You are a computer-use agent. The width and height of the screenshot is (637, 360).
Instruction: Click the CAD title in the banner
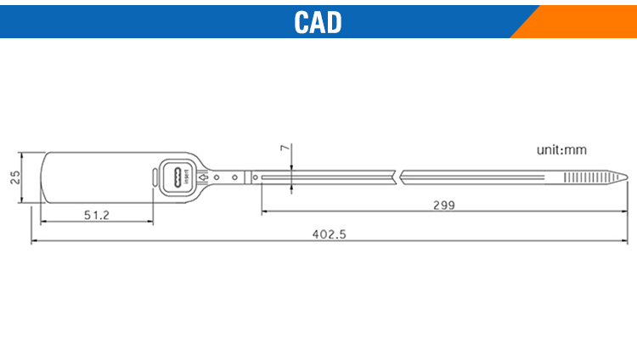[318, 22]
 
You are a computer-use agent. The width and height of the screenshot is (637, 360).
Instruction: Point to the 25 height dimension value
[15, 177]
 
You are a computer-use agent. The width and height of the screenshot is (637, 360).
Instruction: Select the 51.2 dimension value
[97, 215]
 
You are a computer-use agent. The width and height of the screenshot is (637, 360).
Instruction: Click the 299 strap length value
[444, 205]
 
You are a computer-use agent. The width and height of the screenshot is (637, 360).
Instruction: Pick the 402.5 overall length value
[329, 234]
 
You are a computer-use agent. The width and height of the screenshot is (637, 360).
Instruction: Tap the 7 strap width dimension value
[285, 148]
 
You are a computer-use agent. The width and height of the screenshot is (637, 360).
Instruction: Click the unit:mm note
[561, 150]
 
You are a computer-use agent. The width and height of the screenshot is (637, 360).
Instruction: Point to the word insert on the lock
[187, 177]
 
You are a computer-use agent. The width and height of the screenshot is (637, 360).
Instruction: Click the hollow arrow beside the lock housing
[203, 177]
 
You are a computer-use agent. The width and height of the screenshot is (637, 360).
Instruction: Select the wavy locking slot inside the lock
[178, 177]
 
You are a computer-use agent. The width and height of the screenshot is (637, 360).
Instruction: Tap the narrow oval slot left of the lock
[155, 177]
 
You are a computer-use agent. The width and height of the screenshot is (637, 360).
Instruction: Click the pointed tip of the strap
[628, 177]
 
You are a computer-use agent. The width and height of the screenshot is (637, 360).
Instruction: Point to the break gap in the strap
[397, 177]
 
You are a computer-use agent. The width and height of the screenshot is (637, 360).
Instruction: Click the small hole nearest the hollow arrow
[217, 177]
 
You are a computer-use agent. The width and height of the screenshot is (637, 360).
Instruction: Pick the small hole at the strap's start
[255, 177]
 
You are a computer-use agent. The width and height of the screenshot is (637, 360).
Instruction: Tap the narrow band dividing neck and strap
[248, 177]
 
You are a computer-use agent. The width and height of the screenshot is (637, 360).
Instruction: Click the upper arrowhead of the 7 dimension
[291, 167]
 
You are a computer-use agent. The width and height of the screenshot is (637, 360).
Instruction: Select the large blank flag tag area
[98, 177]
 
